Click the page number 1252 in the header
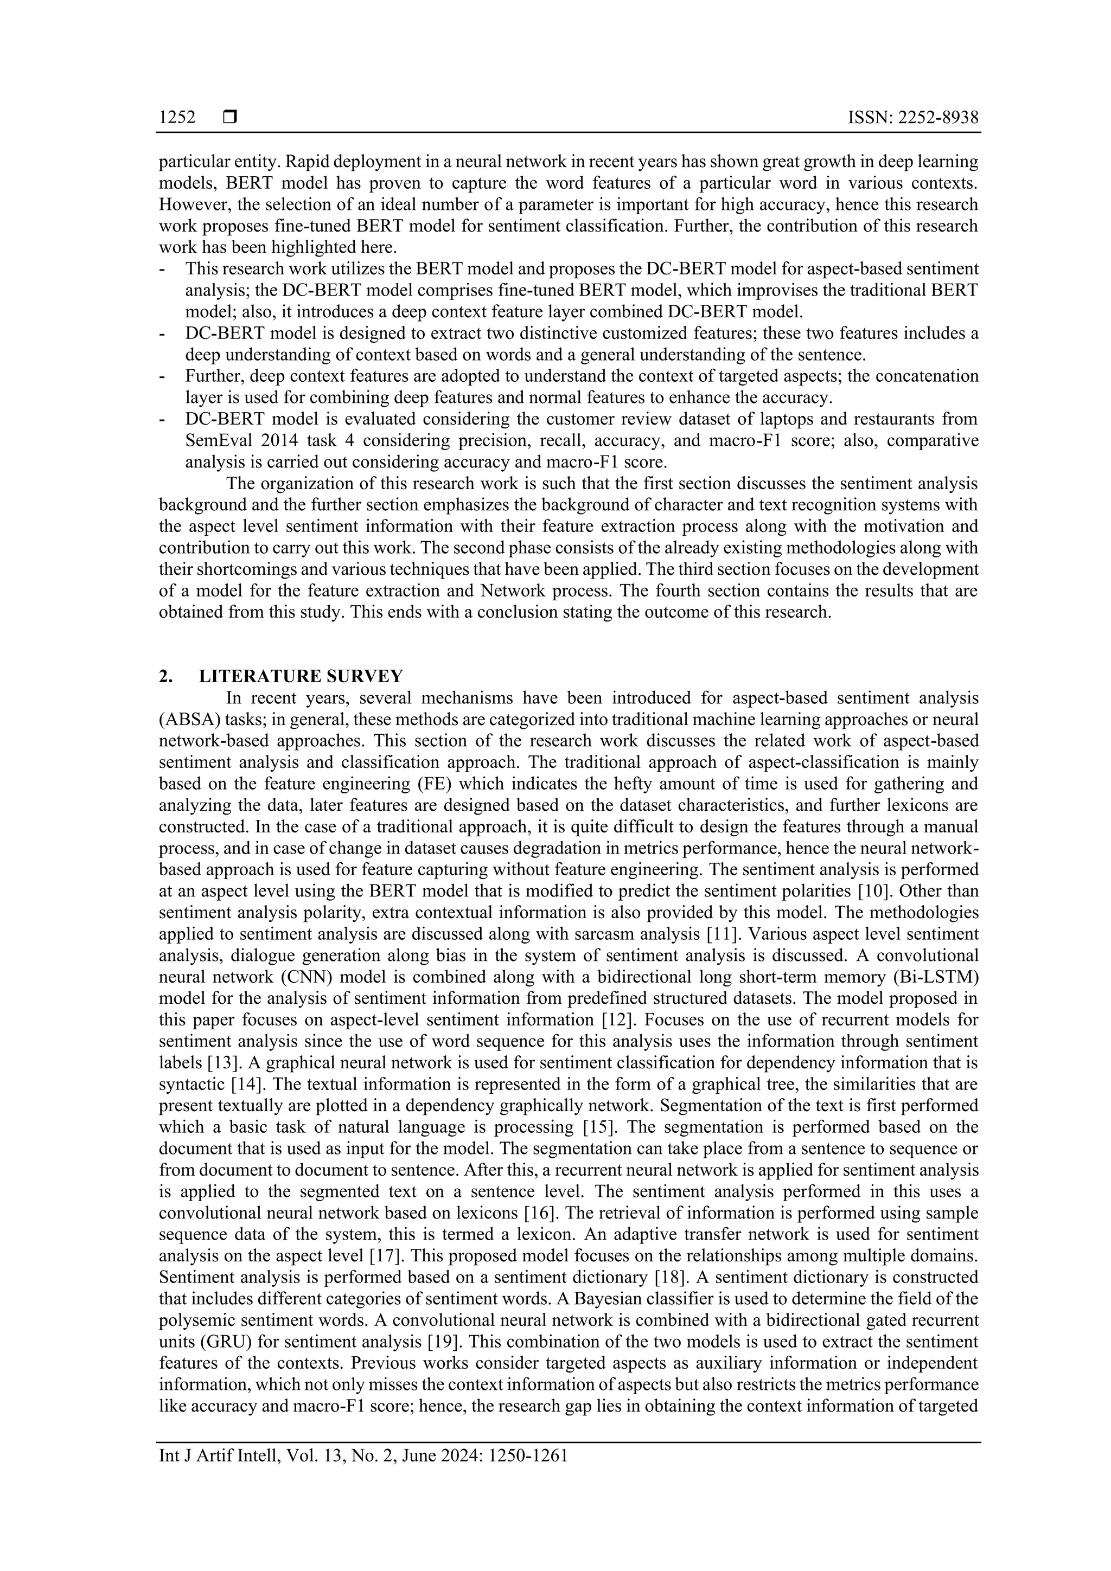[177, 118]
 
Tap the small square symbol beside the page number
[230, 118]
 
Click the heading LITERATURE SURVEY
[301, 677]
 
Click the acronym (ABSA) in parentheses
[186, 720]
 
